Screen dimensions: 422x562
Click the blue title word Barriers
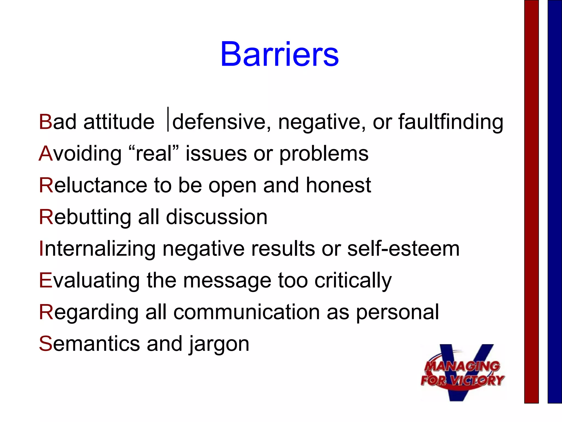click(x=279, y=54)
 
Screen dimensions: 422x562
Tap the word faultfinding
click(x=451, y=122)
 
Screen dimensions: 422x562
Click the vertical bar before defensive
click(x=168, y=119)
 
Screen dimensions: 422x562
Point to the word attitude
click(x=119, y=122)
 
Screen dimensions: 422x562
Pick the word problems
click(x=324, y=154)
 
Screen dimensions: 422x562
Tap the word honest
click(x=338, y=185)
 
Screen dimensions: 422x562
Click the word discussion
click(x=217, y=217)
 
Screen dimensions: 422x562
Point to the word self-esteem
click(x=403, y=249)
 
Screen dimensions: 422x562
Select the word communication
click(x=247, y=312)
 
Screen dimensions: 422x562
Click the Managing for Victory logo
click(x=462, y=373)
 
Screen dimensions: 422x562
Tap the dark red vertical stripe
click(x=531, y=201)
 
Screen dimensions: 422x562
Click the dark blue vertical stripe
click(x=555, y=201)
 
